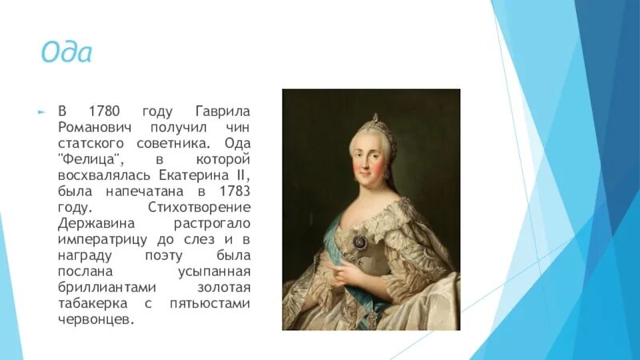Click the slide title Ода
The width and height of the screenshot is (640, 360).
coord(66,54)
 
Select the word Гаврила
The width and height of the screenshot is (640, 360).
coord(222,110)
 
